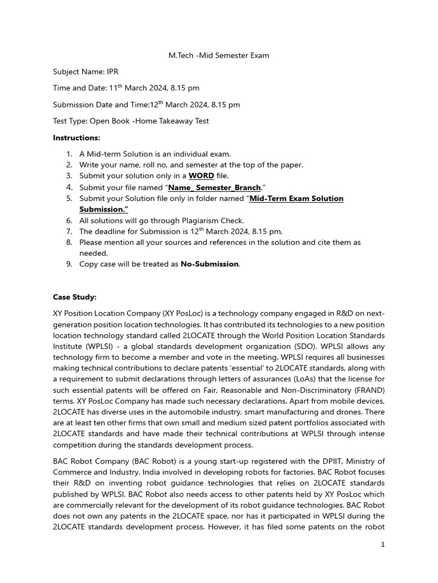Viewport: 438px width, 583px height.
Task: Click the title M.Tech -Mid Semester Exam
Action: coord(218,55)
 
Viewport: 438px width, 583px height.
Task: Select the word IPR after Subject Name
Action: coord(112,72)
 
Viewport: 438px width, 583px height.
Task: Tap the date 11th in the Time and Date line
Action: coord(116,88)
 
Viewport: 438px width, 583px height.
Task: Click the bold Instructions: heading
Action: coord(76,138)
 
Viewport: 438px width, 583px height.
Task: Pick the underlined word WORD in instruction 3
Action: coord(201,176)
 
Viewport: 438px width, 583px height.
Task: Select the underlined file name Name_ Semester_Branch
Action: coord(214,187)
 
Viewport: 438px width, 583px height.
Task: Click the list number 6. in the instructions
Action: coord(69,220)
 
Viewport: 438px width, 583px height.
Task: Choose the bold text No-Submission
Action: coord(210,264)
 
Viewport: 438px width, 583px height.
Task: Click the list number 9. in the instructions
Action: coord(69,264)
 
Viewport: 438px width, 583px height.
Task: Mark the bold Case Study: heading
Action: coord(75,297)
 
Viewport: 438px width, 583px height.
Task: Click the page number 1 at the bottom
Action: coord(383,545)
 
